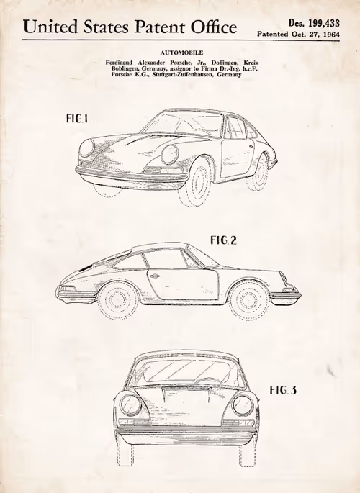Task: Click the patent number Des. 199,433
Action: click(x=314, y=23)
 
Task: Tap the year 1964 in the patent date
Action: click(x=331, y=34)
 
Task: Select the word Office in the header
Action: click(x=214, y=27)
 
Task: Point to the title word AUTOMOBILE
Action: click(x=181, y=53)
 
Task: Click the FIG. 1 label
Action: click(x=77, y=119)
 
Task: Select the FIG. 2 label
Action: click(x=223, y=240)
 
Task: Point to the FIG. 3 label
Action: click(x=283, y=390)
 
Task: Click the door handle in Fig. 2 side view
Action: click(x=155, y=276)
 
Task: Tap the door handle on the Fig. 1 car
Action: click(x=251, y=147)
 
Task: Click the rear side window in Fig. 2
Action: click(x=130, y=261)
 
